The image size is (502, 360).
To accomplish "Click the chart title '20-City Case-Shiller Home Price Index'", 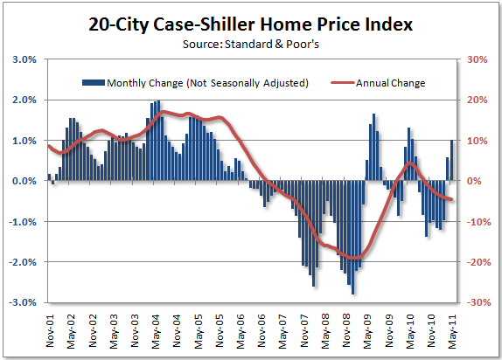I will (251, 24).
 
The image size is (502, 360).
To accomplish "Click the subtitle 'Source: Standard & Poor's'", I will (251, 43).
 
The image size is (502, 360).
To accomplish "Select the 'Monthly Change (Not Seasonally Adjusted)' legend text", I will (207, 83).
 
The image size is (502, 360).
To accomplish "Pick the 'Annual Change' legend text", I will (391, 83).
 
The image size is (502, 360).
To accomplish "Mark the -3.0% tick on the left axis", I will (22, 302).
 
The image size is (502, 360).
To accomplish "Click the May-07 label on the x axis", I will (282, 332).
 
